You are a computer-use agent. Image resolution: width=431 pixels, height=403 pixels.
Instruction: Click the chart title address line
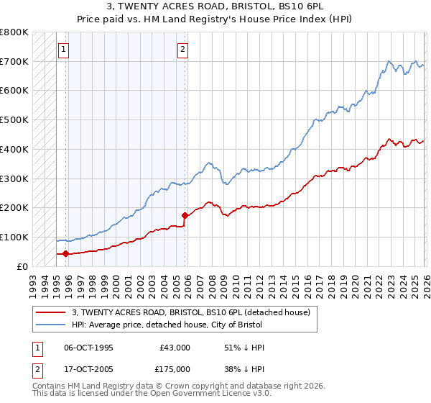point(215,6)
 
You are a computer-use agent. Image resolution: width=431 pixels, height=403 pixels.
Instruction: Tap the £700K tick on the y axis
point(14,61)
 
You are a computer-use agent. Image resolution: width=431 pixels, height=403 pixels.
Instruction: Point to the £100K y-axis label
point(14,237)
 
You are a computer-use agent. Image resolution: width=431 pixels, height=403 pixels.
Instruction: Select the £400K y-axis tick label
point(14,149)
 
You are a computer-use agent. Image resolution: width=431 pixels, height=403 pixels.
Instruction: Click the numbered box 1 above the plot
point(64,50)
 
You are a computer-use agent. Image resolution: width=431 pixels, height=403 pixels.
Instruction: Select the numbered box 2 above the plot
point(182,50)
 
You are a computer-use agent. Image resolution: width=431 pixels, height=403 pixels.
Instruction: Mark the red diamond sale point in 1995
point(65,253)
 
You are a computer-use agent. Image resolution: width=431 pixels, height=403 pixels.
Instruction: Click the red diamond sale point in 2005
point(185,214)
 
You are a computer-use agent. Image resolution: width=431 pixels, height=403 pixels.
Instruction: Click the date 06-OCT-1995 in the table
point(88,348)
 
